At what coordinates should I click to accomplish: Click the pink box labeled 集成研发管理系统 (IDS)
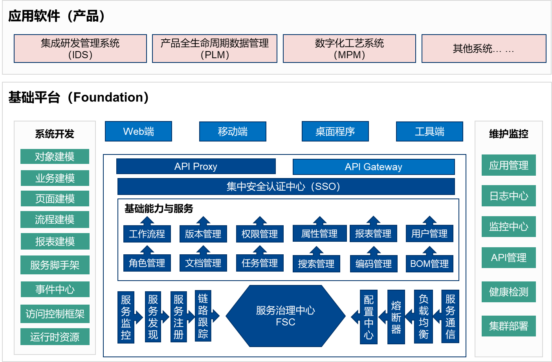(80, 49)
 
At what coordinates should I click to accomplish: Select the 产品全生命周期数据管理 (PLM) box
(215, 49)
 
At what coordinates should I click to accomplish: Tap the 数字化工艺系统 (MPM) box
(349, 49)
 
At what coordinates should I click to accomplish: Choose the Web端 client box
(139, 131)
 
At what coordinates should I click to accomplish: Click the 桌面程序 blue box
(335, 131)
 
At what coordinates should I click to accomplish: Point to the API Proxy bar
(196, 166)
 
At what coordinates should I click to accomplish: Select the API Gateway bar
(374, 167)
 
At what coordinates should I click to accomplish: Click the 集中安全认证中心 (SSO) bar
(286, 186)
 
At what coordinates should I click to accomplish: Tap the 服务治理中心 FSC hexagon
(286, 316)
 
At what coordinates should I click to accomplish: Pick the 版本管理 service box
(203, 233)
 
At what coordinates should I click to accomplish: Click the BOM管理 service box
(429, 263)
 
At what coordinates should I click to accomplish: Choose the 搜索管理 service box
(316, 263)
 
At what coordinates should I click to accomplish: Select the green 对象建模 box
(55, 156)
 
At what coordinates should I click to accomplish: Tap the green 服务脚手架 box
(55, 265)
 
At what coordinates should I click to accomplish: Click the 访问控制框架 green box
(55, 314)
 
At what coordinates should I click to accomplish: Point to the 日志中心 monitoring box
(509, 196)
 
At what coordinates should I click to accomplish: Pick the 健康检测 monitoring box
(509, 292)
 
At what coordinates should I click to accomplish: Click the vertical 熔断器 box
(396, 317)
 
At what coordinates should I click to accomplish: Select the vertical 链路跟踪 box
(203, 316)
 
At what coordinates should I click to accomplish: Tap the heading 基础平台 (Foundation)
(79, 97)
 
